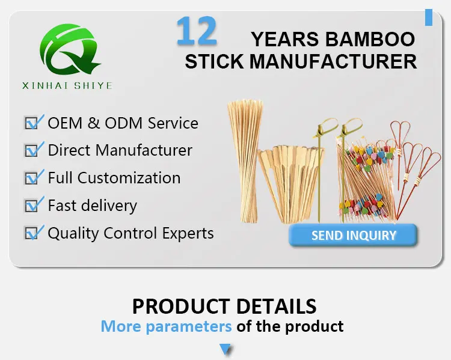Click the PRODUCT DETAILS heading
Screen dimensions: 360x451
[x=224, y=306]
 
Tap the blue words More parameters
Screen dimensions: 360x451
[x=166, y=326]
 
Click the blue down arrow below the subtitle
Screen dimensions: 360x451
[x=226, y=349]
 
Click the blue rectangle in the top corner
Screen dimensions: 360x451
[x=428, y=16]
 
